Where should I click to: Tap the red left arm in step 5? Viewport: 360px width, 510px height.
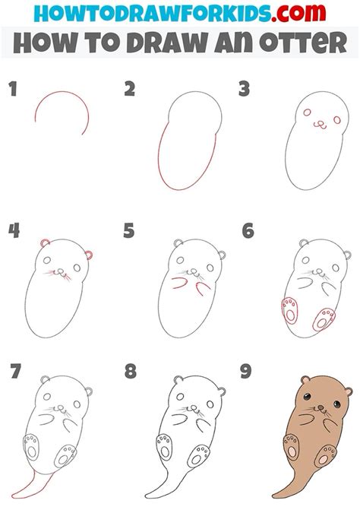tap(179, 284)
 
